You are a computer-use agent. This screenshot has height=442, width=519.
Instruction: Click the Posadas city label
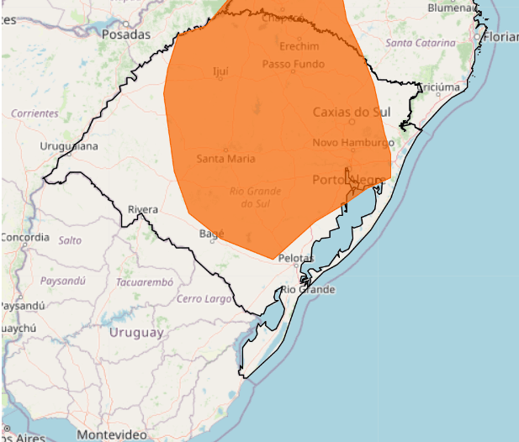tap(125, 34)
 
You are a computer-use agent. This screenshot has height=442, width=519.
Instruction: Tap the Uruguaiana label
tap(69, 146)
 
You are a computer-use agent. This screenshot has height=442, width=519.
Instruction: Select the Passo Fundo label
tap(292, 64)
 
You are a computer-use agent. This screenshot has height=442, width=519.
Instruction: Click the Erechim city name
tap(300, 45)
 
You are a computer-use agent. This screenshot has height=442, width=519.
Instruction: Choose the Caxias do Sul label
tap(352, 112)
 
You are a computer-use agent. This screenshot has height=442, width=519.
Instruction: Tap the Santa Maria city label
tap(226, 158)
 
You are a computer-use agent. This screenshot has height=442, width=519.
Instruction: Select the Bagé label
tap(212, 234)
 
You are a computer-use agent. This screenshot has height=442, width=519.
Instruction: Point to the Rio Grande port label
tap(307, 290)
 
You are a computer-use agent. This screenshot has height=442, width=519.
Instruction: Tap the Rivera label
tap(143, 209)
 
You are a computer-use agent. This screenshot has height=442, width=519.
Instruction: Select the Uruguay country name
tap(136, 333)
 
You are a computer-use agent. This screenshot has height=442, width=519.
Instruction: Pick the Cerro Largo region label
tap(204, 298)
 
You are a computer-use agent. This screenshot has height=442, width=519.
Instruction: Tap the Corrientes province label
tap(35, 113)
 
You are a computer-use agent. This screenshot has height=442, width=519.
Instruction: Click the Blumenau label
tap(452, 7)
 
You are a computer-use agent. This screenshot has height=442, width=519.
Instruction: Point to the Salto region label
tap(70, 239)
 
